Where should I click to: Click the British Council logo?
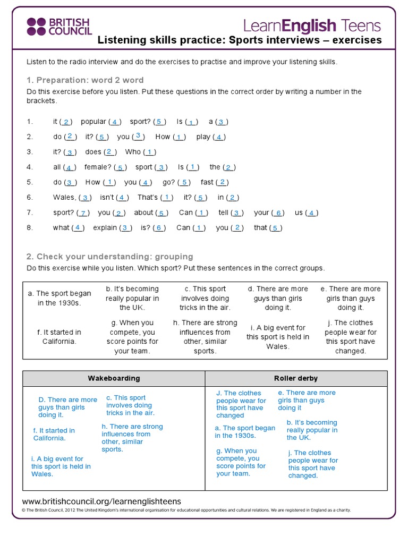pos(59,27)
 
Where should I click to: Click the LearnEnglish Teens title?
pos(312,25)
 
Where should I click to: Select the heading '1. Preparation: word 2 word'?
pos(85,80)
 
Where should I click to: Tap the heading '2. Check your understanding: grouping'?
pos(109,257)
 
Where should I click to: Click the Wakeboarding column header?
pos(114,378)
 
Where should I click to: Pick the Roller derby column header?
pos(295,378)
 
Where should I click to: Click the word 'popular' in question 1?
pos(93,122)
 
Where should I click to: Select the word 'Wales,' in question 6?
pos(64,197)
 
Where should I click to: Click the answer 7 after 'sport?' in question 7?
pos(83,213)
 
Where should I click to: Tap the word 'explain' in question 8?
pos(105,228)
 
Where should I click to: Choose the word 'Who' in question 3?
pos(133,152)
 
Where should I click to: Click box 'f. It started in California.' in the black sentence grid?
pos(59,337)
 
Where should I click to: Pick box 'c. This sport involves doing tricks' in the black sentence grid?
pos(205,298)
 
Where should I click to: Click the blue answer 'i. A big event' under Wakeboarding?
pos(61,466)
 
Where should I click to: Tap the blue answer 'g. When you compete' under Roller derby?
pos(241,462)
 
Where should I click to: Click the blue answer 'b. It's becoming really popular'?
pos(312,430)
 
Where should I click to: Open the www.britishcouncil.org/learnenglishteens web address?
pos(101,501)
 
